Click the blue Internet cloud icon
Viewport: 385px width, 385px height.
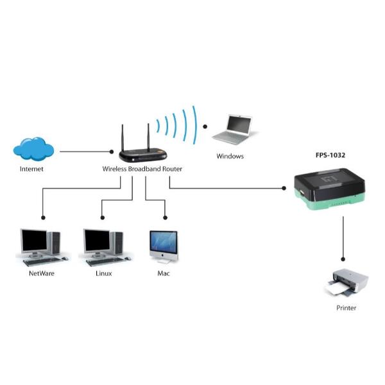click(x=33, y=148)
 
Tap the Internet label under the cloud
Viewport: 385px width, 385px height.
click(x=32, y=169)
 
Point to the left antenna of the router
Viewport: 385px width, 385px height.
click(x=122, y=138)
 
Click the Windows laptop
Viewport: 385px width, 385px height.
click(x=232, y=129)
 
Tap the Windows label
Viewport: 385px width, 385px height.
click(x=230, y=156)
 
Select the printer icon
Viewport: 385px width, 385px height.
click(x=346, y=283)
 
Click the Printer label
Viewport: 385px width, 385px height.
click(x=346, y=308)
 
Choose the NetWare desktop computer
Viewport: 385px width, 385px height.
click(x=40, y=246)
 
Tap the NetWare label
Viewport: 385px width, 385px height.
click(x=41, y=273)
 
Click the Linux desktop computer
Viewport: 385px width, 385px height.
click(x=103, y=246)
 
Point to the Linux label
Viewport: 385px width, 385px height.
click(x=103, y=273)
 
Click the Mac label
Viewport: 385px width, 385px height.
click(x=164, y=273)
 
